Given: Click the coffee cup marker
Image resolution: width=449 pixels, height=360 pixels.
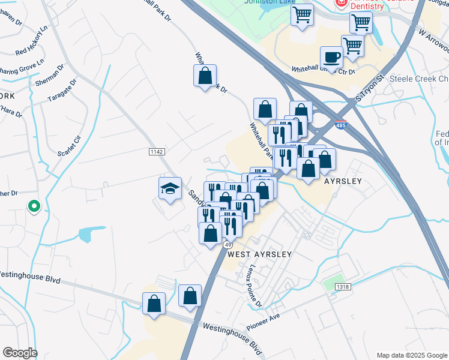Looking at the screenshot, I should pyautogui.click(x=331, y=58).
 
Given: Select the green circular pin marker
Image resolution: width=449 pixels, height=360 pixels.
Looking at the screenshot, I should pyautogui.click(x=34, y=206).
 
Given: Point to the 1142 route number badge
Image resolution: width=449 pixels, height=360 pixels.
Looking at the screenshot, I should pyautogui.click(x=157, y=153).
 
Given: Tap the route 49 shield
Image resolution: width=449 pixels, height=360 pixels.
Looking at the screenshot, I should pyautogui.click(x=228, y=245).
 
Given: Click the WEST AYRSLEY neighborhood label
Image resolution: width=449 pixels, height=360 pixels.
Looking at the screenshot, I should pyautogui.click(x=259, y=254).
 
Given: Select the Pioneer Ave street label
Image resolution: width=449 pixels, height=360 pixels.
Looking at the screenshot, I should pyautogui.click(x=264, y=323).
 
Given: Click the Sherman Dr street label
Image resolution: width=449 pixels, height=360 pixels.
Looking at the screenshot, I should pyautogui.click(x=49, y=75).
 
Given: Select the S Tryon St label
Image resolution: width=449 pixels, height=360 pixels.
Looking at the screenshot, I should pyautogui.click(x=369, y=88).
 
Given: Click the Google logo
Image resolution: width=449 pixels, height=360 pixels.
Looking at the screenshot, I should pyautogui.click(x=19, y=353).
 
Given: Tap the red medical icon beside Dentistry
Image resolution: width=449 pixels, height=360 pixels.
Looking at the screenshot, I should pyautogui.click(x=341, y=2).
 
